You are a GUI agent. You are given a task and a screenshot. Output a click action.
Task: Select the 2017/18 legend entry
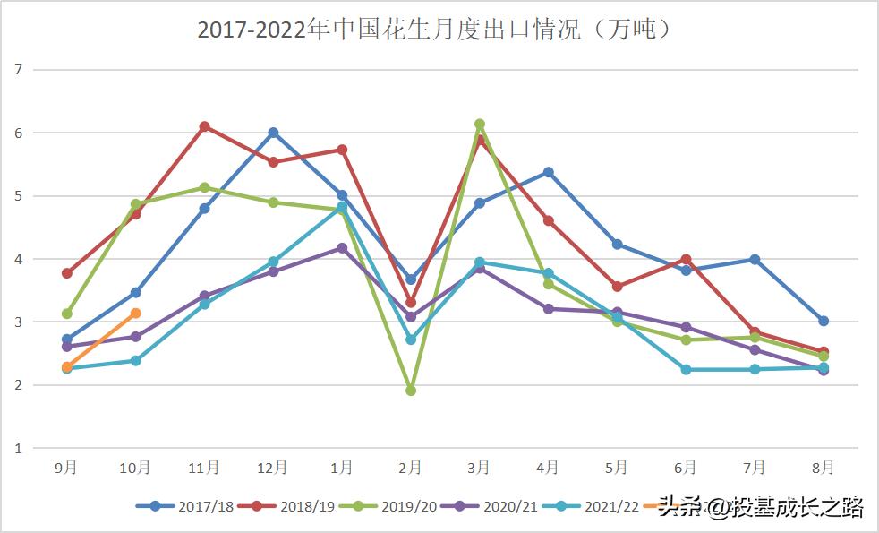click(185, 507)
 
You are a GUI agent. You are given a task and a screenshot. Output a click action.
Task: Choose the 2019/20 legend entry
click(388, 507)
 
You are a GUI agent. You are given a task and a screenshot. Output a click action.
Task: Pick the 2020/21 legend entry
click(490, 507)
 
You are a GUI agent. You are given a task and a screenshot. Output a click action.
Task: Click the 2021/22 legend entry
click(592, 507)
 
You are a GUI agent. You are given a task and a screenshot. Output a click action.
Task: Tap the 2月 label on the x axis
click(410, 468)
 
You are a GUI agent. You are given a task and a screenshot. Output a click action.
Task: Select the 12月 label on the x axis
click(272, 468)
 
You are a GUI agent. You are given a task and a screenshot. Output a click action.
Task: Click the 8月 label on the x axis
click(823, 468)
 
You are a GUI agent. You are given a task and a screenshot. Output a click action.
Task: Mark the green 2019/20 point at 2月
click(411, 391)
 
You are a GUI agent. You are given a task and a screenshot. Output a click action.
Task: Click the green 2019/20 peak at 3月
click(480, 125)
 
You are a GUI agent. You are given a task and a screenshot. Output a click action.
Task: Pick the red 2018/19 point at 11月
click(204, 126)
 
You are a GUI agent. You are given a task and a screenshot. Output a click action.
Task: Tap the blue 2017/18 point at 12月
click(273, 133)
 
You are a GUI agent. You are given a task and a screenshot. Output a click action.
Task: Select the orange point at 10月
click(135, 314)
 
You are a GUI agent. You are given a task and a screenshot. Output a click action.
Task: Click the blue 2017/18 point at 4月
click(549, 172)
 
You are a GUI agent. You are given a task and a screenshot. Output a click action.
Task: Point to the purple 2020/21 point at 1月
click(342, 248)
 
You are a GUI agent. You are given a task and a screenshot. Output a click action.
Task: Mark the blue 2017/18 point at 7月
click(755, 260)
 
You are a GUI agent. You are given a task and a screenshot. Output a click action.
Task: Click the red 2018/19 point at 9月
click(67, 273)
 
